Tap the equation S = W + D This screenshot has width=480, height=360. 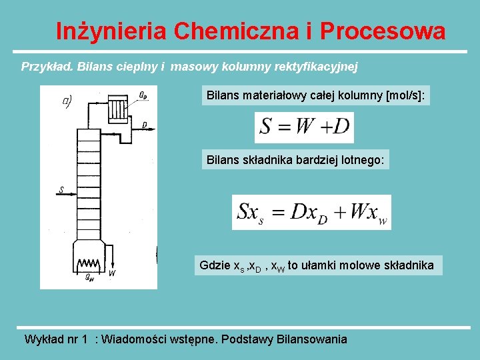click(x=304, y=127)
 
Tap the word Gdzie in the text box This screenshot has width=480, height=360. click(x=213, y=265)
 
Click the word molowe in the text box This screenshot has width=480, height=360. click(x=373, y=265)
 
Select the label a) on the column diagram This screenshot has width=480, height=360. click(x=67, y=101)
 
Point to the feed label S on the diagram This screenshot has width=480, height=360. click(x=61, y=190)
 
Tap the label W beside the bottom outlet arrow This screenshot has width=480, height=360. click(x=112, y=273)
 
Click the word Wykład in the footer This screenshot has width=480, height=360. click(x=43, y=339)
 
